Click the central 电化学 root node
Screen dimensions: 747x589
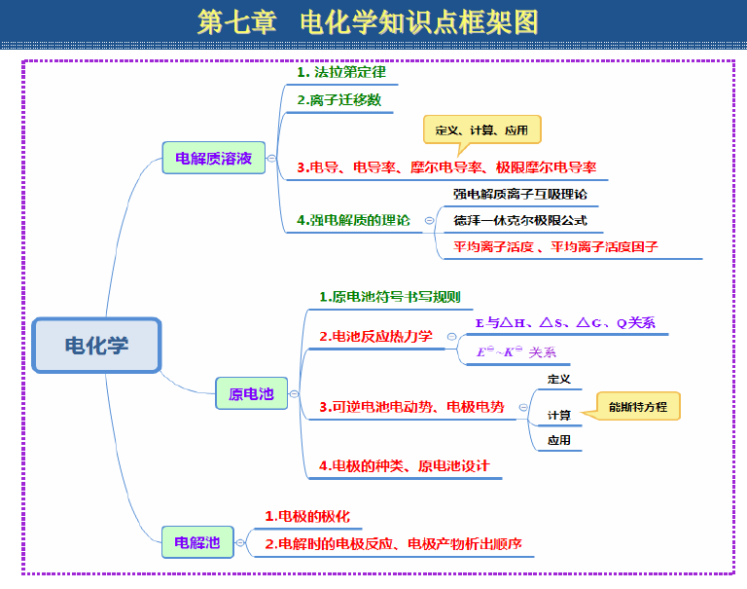click(96, 345)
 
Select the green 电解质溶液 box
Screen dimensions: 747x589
click(213, 158)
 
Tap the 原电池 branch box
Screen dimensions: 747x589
click(252, 393)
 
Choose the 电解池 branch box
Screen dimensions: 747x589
click(197, 542)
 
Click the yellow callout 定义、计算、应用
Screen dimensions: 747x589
click(482, 129)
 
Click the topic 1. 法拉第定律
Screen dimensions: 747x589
click(341, 72)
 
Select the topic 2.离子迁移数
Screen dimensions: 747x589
click(339, 100)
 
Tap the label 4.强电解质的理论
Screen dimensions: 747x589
click(353, 220)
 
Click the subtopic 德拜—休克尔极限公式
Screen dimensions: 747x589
click(519, 220)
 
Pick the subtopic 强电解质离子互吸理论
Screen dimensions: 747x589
click(519, 194)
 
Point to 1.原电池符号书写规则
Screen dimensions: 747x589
click(390, 297)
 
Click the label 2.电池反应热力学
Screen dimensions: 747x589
click(375, 337)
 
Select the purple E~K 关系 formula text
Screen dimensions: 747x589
click(516, 352)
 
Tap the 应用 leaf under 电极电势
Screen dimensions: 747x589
click(559, 440)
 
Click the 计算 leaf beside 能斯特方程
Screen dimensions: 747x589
click(559, 416)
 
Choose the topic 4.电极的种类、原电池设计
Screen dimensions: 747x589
click(404, 466)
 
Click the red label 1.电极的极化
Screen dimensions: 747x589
click(307, 517)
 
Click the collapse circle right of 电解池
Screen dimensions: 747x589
click(240, 542)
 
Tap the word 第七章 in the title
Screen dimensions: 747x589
click(236, 22)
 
